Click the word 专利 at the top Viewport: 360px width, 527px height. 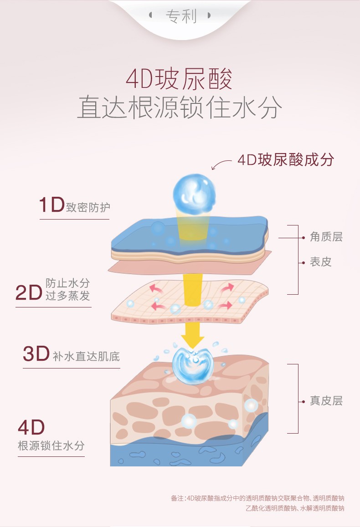(180, 16)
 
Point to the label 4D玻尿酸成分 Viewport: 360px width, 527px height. (286, 160)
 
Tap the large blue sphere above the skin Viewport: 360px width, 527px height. (191, 193)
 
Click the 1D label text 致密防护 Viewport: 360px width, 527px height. (88, 207)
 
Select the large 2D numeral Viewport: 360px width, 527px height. (29, 292)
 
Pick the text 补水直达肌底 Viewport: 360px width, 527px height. (86, 356)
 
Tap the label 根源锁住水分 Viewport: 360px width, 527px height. (51, 445)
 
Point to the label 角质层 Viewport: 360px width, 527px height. (326, 237)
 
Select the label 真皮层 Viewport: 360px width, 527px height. (326, 401)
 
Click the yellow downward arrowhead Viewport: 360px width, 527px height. (193, 340)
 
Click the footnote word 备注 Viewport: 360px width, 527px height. (177, 498)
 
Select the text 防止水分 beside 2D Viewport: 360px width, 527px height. (67, 283)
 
